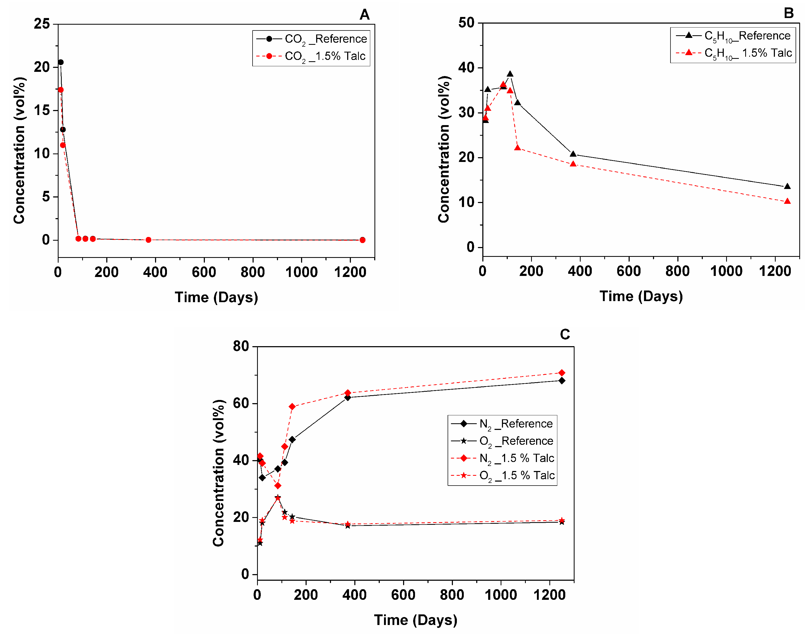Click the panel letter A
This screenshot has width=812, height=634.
364,15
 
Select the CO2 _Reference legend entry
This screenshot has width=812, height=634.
312,39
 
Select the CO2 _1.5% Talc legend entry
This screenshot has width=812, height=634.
312,56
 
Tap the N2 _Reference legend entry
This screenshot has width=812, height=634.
502,424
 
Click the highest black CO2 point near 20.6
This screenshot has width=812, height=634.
61,62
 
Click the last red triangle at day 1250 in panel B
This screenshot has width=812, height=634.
787,201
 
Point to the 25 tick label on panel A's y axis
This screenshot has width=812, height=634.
42,24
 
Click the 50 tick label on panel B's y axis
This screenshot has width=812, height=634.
466,23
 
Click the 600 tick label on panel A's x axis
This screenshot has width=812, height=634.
204,272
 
